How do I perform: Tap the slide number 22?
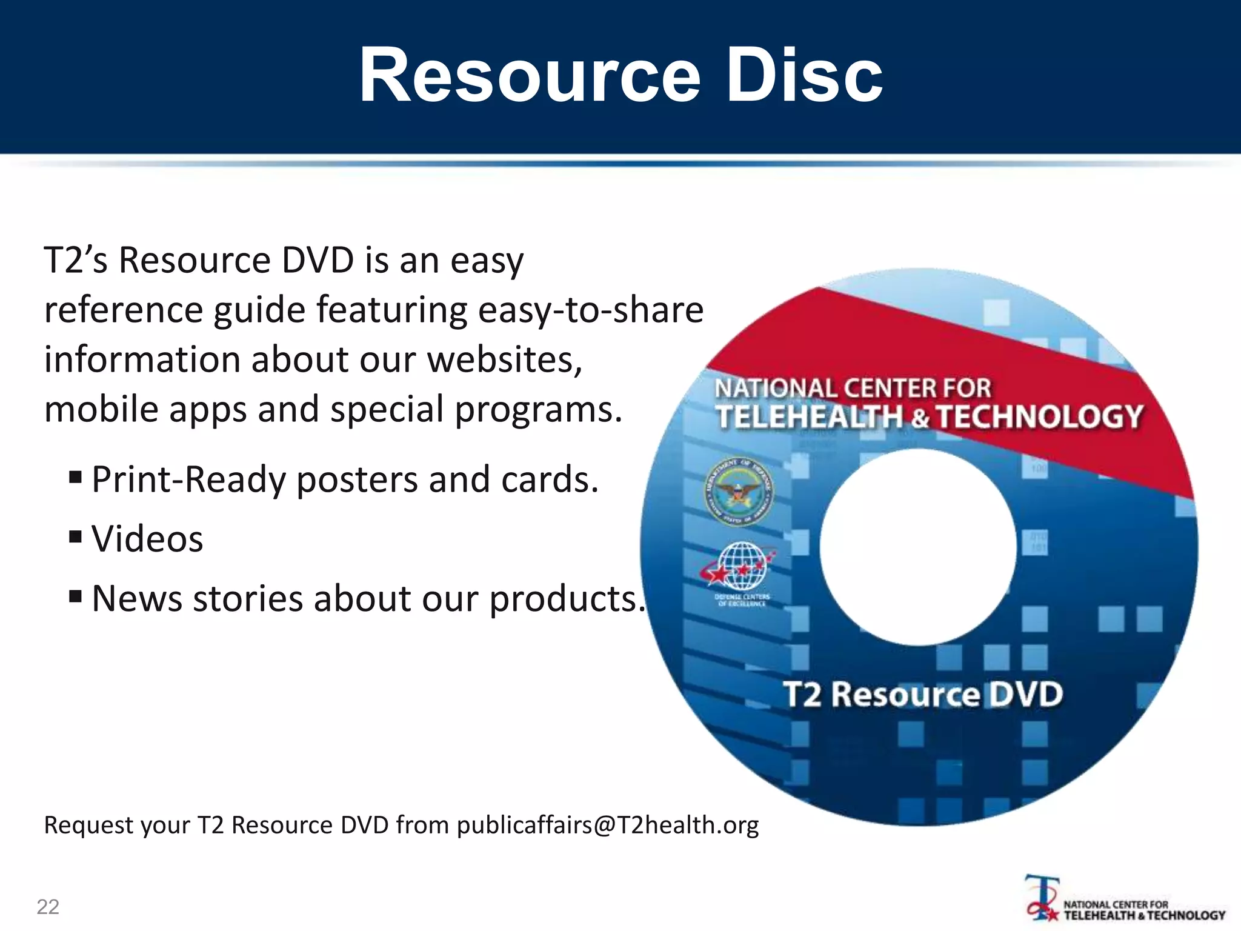pos(48,907)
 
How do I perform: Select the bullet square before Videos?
pos(76,536)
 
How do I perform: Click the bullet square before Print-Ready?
pos(76,477)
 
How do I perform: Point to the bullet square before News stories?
pos(76,596)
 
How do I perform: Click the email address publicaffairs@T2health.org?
pos(607,825)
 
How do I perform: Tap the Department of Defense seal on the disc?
pos(739,492)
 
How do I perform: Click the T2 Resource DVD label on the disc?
pos(923,694)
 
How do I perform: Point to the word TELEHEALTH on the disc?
pos(809,417)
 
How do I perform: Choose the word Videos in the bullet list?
pos(147,538)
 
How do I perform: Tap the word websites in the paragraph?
pos(505,359)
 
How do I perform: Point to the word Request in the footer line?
pos(87,825)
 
